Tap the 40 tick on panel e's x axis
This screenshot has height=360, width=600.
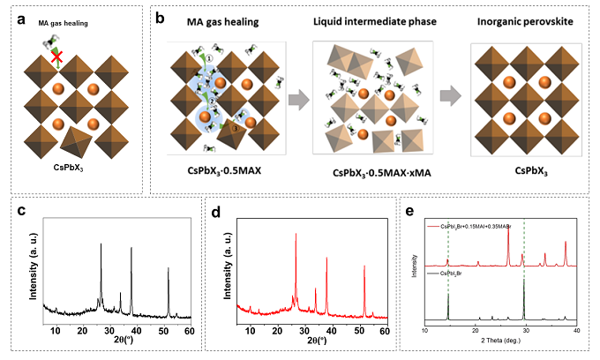click(x=575, y=329)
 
